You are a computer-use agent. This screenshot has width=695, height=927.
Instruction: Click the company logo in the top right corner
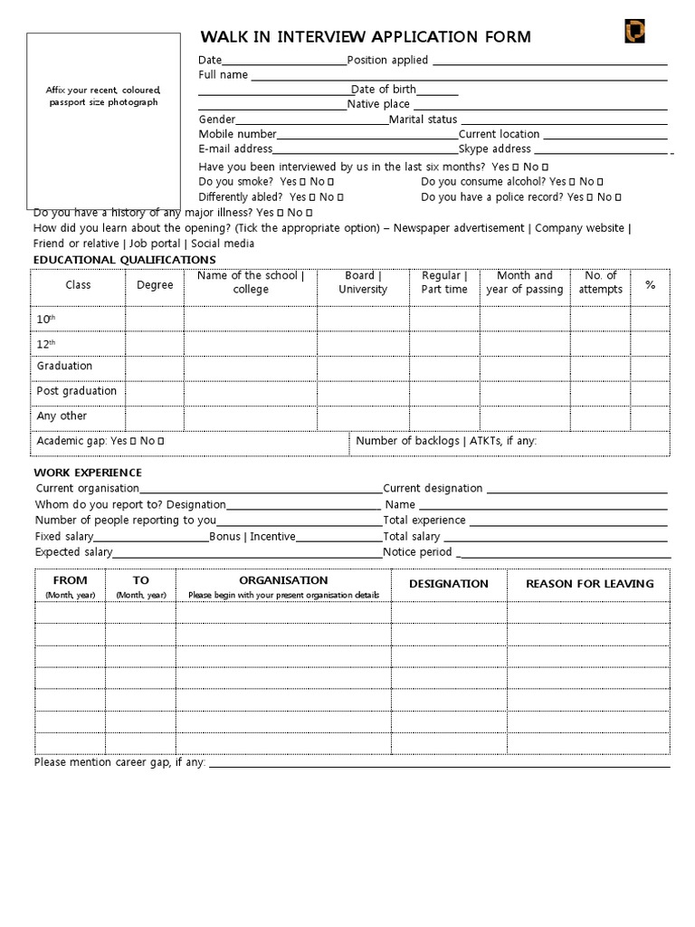634,33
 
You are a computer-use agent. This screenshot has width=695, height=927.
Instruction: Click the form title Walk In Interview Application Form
366,37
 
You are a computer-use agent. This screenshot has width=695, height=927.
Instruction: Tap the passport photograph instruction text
103,96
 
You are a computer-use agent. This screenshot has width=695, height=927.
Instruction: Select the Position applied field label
388,61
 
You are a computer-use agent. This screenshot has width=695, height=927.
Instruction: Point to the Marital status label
424,119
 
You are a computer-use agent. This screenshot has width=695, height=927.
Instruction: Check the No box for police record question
617,197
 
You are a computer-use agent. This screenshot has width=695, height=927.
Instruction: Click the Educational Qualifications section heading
125,260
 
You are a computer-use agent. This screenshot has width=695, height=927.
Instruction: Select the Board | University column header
363,282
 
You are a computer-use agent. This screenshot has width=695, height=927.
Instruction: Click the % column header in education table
650,284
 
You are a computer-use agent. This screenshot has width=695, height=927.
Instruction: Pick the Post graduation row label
77,391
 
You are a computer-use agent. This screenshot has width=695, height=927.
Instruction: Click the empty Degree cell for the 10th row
155,320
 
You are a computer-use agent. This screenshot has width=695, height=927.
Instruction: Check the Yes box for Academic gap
133,442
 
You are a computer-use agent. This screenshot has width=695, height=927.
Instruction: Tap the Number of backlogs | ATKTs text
446,441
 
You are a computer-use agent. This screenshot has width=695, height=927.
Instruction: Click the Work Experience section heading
89,473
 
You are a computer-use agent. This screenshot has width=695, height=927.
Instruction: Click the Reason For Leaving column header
589,584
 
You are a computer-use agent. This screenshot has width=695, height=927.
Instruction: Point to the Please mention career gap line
120,763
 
